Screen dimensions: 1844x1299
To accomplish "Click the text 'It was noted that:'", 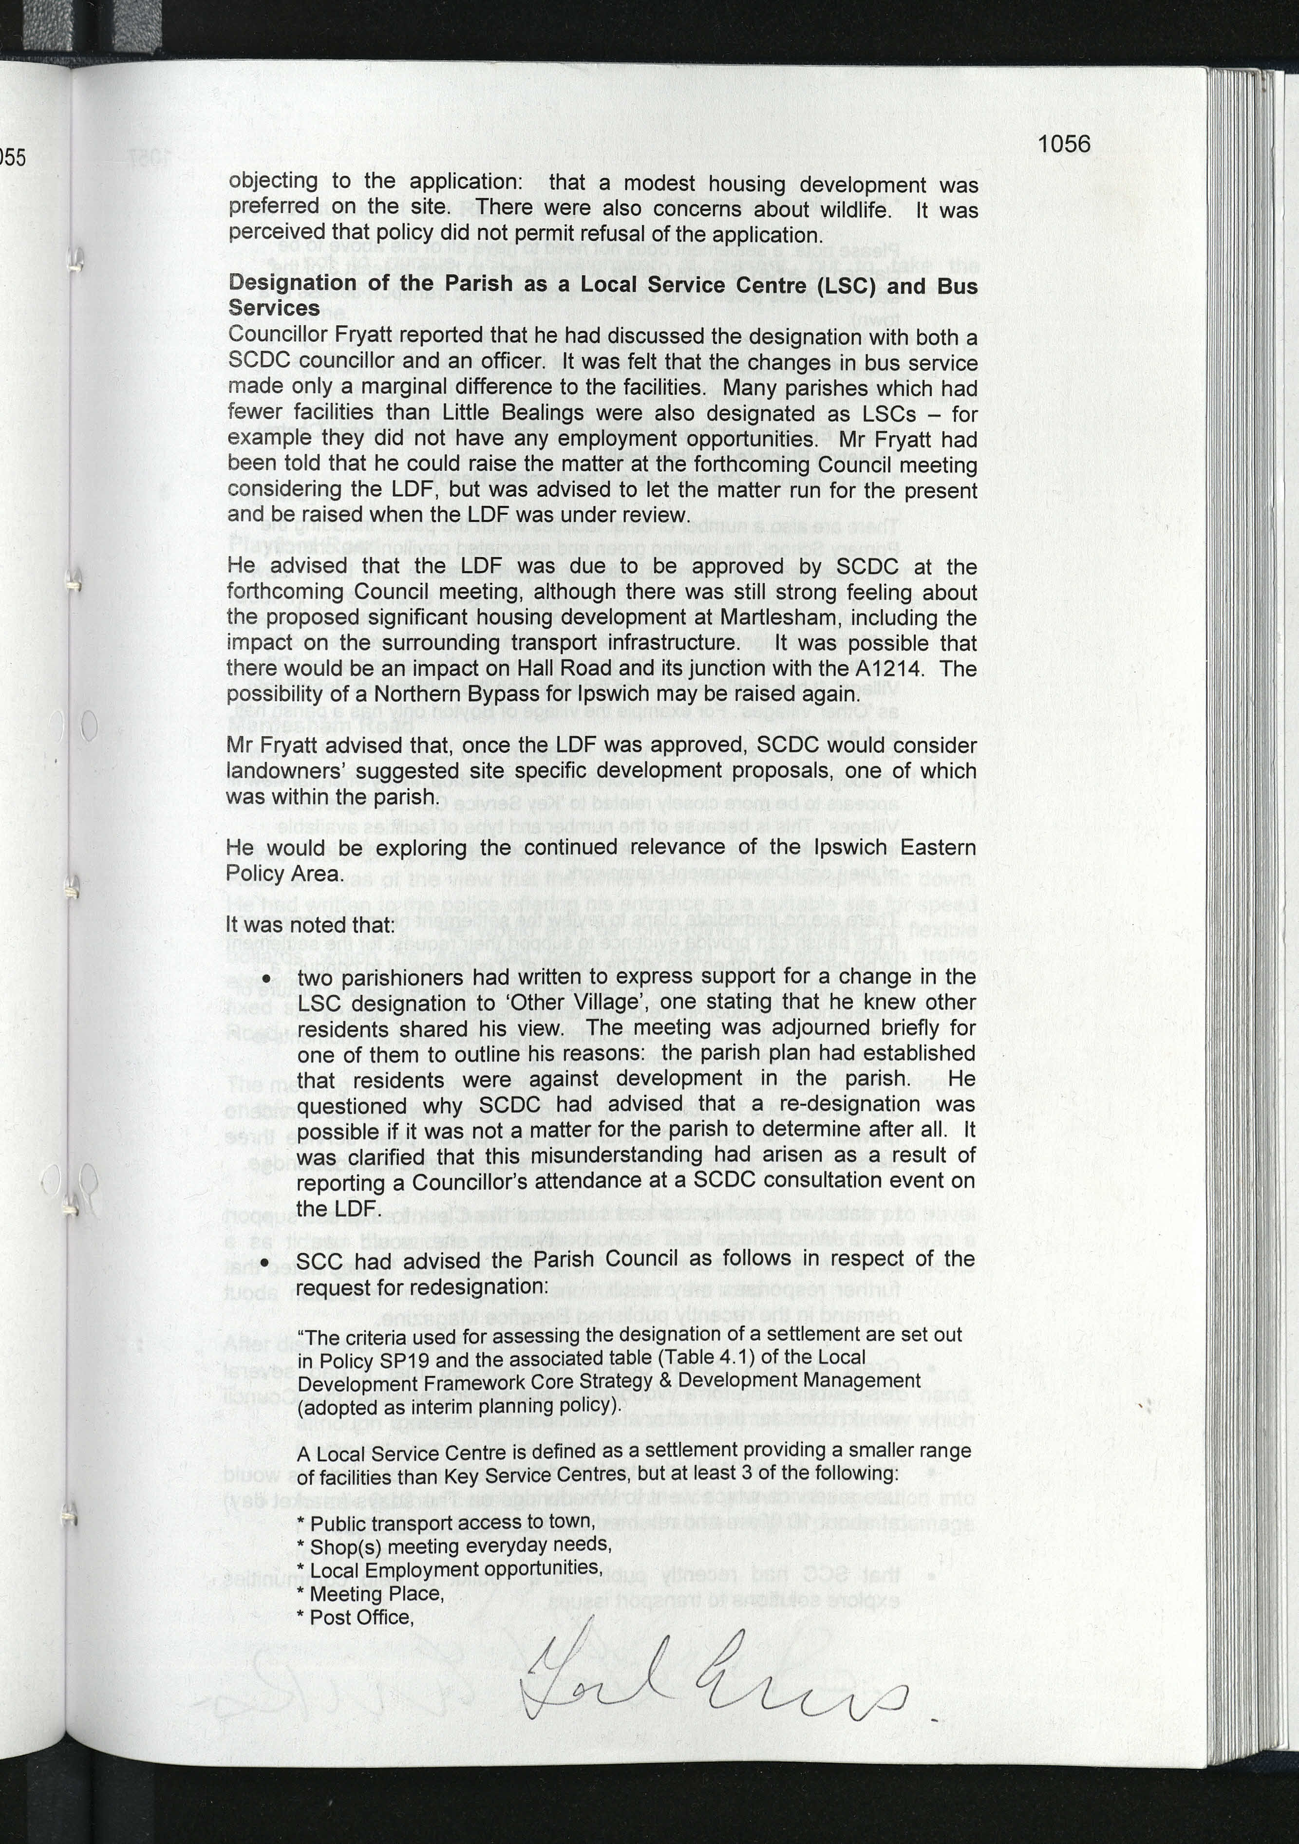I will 310,925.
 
